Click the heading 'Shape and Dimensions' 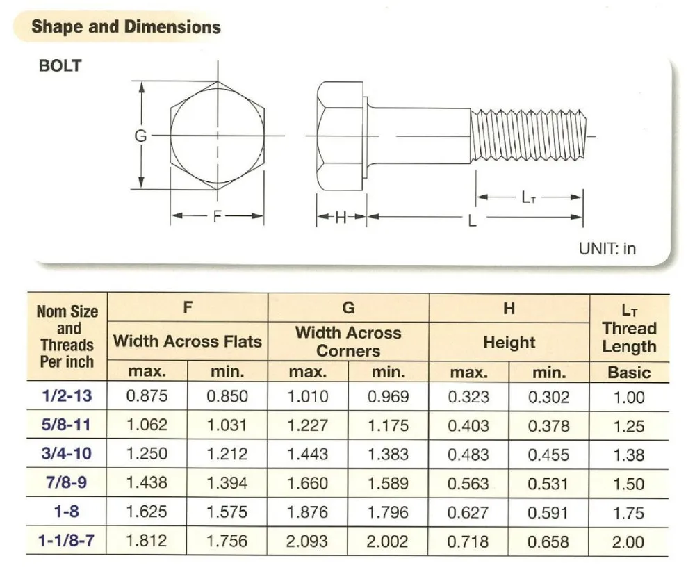click(x=126, y=27)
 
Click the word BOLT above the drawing click(x=60, y=66)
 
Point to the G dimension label click(x=140, y=136)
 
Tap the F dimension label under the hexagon click(x=218, y=216)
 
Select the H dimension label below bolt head click(x=341, y=218)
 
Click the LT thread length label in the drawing click(x=528, y=197)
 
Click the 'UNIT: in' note click(x=607, y=248)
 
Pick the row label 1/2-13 click(x=67, y=397)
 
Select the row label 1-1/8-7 click(x=67, y=541)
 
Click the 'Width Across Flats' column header click(x=187, y=341)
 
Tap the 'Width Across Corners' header click(x=348, y=341)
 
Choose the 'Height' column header click(x=509, y=342)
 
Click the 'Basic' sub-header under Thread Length click(x=629, y=373)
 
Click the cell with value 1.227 click(x=308, y=426)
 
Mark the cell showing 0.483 click(x=469, y=455)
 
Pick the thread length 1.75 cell click(x=629, y=513)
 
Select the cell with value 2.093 click(x=308, y=541)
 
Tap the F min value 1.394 click(x=227, y=484)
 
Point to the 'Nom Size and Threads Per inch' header click(x=67, y=336)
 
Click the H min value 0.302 click(x=549, y=397)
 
